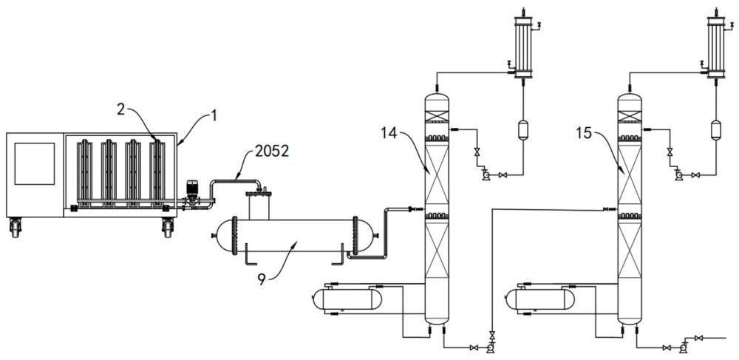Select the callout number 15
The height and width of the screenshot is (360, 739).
pyautogui.click(x=584, y=133)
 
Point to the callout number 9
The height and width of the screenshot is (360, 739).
pyautogui.click(x=262, y=279)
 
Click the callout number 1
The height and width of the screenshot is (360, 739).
pyautogui.click(x=214, y=115)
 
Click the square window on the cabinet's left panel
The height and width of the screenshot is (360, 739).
pyautogui.click(x=35, y=163)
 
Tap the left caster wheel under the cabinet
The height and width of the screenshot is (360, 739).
pyautogui.click(x=16, y=228)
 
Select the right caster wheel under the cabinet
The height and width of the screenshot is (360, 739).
pyautogui.click(x=167, y=228)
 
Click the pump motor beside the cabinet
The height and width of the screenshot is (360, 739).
pyautogui.click(x=192, y=191)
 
